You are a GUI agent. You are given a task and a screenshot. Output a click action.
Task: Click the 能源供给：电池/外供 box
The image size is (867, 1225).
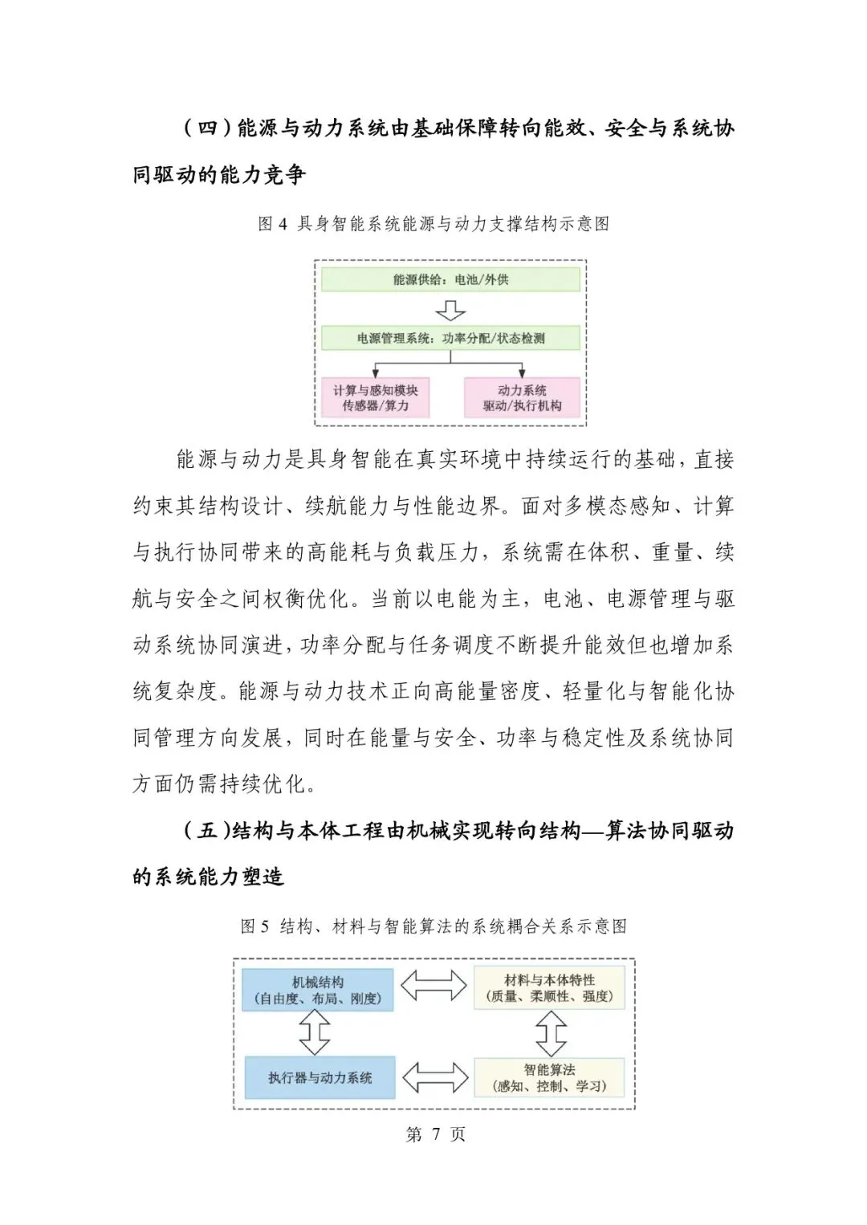pos(450,279)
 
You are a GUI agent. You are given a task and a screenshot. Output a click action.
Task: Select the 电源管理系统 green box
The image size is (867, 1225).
pos(450,338)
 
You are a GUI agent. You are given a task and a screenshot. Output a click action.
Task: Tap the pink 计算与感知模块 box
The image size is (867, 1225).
pos(375,397)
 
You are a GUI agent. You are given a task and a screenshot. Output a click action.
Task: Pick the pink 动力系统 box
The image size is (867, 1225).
pos(522,397)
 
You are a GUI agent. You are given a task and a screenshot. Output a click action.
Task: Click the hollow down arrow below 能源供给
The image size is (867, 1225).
pos(450,310)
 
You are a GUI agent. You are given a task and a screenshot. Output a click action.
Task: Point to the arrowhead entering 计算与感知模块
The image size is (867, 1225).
pos(376,372)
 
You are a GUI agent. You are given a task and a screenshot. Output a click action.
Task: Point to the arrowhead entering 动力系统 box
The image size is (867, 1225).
pos(522,372)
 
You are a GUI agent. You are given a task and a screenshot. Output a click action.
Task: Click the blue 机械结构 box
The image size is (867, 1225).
pos(318,990)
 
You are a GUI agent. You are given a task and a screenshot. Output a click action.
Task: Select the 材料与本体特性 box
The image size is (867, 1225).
pos(549,988)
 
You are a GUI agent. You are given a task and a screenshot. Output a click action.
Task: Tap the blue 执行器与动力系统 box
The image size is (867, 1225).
pos(320,1077)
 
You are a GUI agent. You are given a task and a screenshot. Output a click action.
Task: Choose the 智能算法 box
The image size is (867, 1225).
pos(549,1077)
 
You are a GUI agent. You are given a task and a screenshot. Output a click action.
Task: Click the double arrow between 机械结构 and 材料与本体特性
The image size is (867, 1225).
pos(433,986)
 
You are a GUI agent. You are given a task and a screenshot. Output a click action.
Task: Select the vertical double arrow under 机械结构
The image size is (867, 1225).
pos(315,1032)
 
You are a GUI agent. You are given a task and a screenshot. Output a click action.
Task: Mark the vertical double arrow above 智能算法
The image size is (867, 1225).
pos(551,1033)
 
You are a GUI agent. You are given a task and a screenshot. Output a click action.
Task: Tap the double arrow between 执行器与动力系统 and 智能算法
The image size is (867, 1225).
pos(434,1077)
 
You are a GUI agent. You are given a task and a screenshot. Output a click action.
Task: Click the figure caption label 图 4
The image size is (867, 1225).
pos(273,224)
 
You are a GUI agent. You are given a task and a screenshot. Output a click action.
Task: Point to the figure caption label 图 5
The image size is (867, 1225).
pos(255,926)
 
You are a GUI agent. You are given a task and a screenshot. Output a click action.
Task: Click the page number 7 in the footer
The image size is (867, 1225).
pos(436,1133)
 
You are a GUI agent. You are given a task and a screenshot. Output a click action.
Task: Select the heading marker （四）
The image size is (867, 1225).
pos(208,128)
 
